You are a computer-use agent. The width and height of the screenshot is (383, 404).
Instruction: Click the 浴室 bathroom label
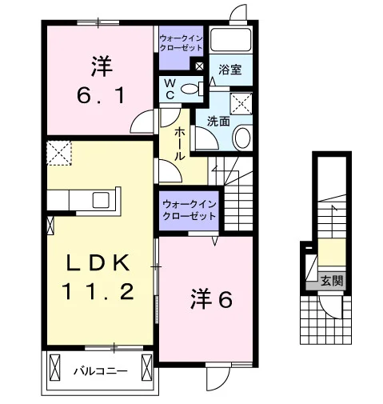[x=230, y=70]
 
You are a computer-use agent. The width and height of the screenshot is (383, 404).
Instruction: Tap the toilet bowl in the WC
[x=190, y=89]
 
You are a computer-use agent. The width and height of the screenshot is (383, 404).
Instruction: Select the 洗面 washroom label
[x=218, y=122]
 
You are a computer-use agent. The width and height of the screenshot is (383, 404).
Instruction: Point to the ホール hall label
[x=179, y=144]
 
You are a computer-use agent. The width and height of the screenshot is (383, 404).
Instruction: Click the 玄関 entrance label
[x=332, y=281]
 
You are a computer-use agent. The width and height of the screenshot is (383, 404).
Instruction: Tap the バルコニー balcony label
[x=101, y=371]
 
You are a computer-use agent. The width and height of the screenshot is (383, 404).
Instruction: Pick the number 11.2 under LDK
[x=98, y=291]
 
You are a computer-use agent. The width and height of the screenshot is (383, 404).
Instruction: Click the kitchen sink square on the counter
[x=101, y=200]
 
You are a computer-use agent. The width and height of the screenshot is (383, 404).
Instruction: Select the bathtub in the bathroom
[x=230, y=39]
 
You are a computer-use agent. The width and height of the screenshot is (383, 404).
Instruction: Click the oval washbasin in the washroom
[x=242, y=138]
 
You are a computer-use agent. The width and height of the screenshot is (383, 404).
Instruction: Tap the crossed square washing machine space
[x=241, y=104]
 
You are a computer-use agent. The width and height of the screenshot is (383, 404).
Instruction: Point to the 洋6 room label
[x=211, y=300]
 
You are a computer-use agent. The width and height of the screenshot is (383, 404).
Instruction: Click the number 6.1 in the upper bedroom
[x=101, y=96]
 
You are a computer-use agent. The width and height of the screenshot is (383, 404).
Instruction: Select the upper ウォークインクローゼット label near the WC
[x=181, y=43]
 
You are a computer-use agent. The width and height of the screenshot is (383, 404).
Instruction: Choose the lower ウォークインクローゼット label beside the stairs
[x=189, y=210]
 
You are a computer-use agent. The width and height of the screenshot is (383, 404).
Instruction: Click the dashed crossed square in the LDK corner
[x=59, y=154]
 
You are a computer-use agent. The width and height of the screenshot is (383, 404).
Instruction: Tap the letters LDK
[x=98, y=263]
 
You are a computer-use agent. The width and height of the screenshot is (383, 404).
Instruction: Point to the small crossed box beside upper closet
[x=199, y=66]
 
